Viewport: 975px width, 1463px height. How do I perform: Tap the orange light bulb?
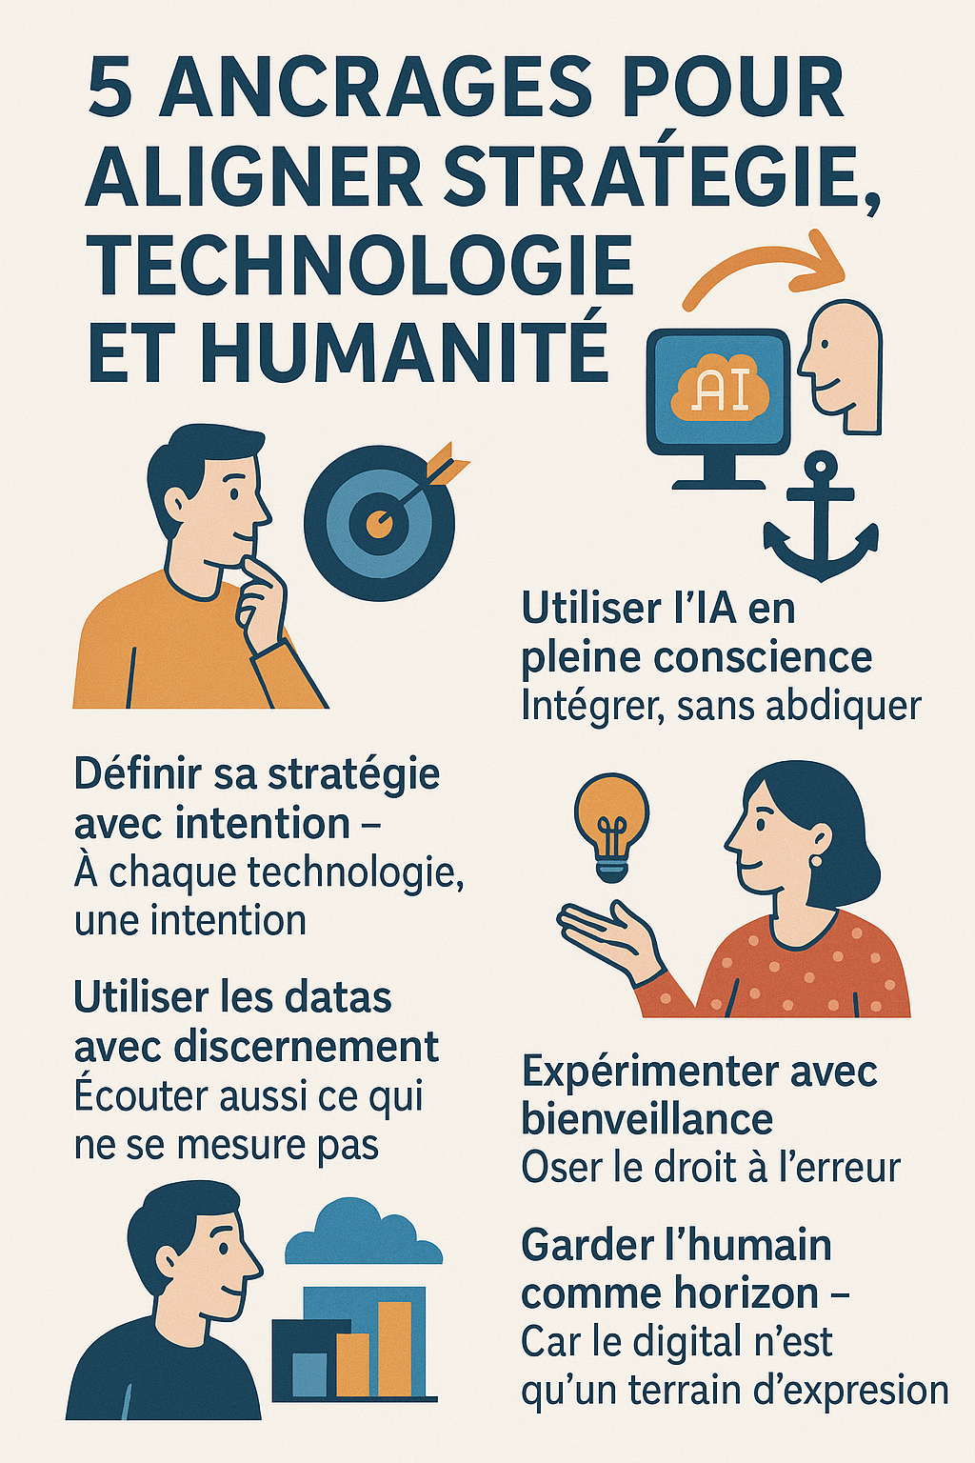612,825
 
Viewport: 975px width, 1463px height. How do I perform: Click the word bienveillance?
647,1119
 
